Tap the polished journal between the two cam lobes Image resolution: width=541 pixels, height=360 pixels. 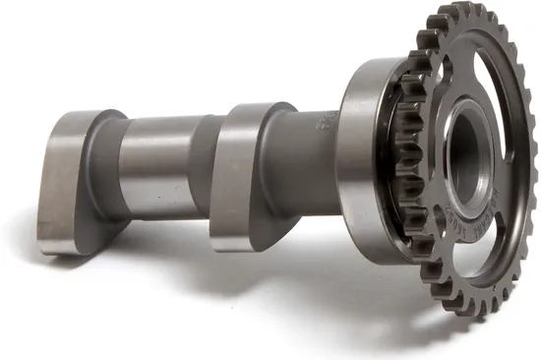click(157, 162)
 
